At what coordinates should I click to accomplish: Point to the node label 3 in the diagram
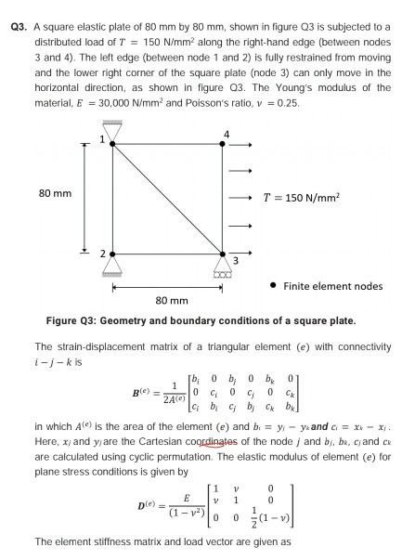pos(236,262)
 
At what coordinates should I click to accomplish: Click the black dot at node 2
pos(113,253)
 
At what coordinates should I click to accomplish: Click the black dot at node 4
pos(224,144)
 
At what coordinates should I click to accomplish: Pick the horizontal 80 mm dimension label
pos(168,301)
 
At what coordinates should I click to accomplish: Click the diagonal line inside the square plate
pos(168,198)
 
